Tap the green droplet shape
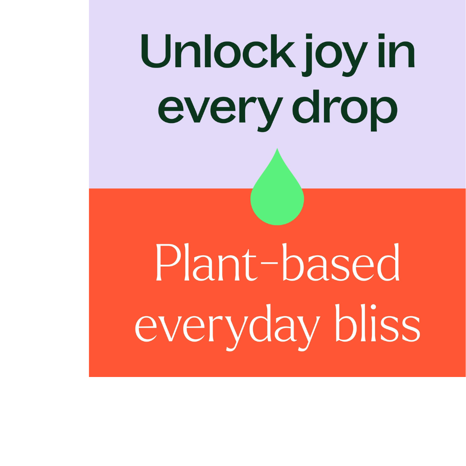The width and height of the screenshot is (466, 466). pos(277,196)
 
